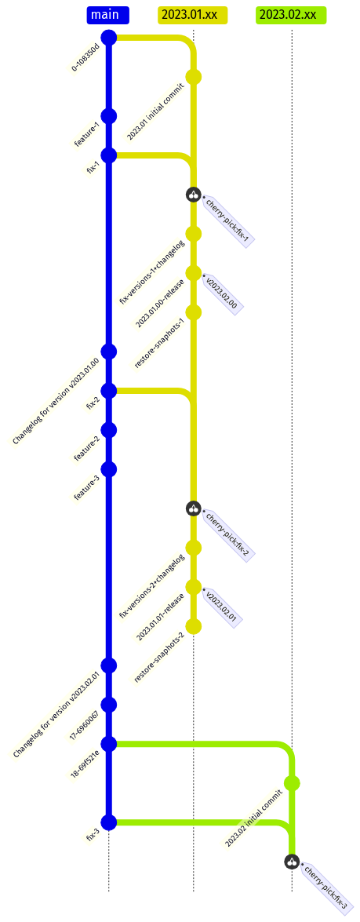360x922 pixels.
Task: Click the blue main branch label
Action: click(x=108, y=15)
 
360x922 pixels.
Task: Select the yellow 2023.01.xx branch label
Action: click(x=193, y=15)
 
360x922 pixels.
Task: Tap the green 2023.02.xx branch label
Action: click(x=291, y=15)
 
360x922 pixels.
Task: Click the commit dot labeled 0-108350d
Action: click(x=109, y=38)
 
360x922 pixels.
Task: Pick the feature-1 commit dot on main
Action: click(x=109, y=116)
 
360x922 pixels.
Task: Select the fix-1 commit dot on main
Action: click(x=109, y=155)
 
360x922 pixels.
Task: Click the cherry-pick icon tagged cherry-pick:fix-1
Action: click(x=194, y=194)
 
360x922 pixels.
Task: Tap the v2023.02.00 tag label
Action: click(x=221, y=292)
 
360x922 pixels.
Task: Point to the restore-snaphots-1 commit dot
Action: click(x=194, y=312)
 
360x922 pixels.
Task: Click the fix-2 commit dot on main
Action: click(x=109, y=391)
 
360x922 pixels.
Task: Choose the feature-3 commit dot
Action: click(x=109, y=469)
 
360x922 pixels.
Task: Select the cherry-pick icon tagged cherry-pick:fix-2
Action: click(x=194, y=508)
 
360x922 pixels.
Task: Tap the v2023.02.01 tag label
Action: click(x=221, y=607)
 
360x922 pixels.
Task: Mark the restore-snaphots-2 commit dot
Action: click(x=194, y=626)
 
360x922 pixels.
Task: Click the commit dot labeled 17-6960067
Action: click(x=109, y=705)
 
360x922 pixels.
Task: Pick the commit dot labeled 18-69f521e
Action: click(x=109, y=744)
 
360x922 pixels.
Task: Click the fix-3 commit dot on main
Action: click(x=109, y=822)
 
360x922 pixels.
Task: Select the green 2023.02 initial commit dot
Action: click(x=292, y=783)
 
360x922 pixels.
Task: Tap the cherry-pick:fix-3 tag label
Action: click(x=324, y=888)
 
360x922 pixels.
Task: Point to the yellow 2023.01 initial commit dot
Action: click(x=194, y=76)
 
